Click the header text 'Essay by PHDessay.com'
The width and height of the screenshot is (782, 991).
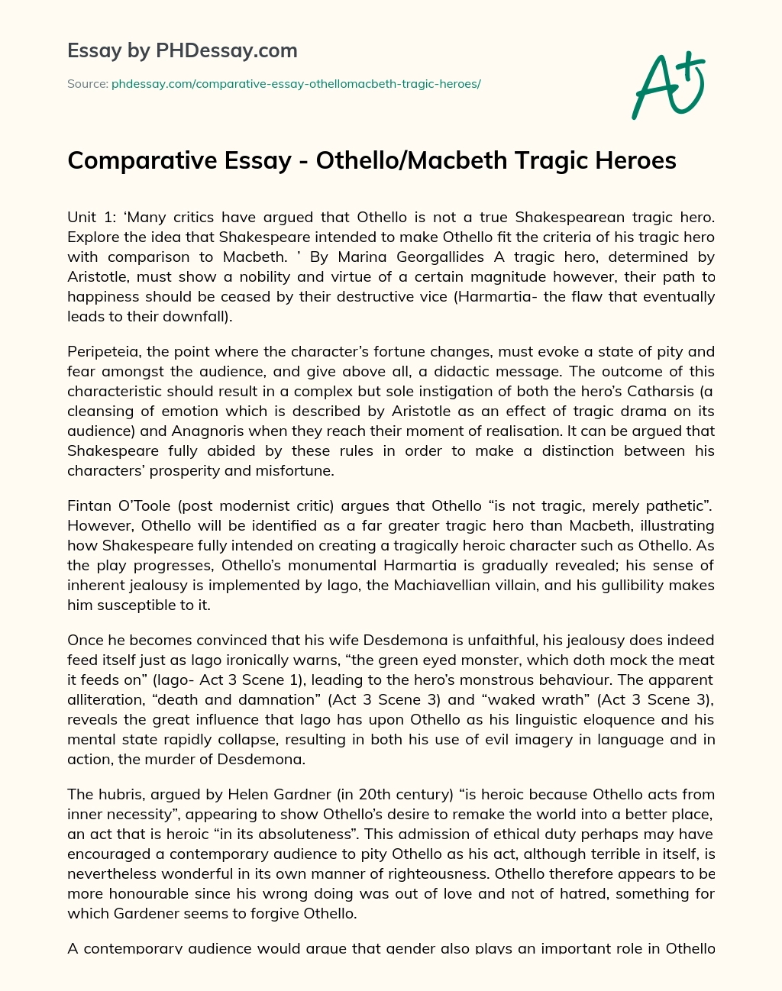[182, 50]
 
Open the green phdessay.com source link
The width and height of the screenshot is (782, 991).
[296, 84]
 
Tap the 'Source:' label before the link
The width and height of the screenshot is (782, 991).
[88, 84]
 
